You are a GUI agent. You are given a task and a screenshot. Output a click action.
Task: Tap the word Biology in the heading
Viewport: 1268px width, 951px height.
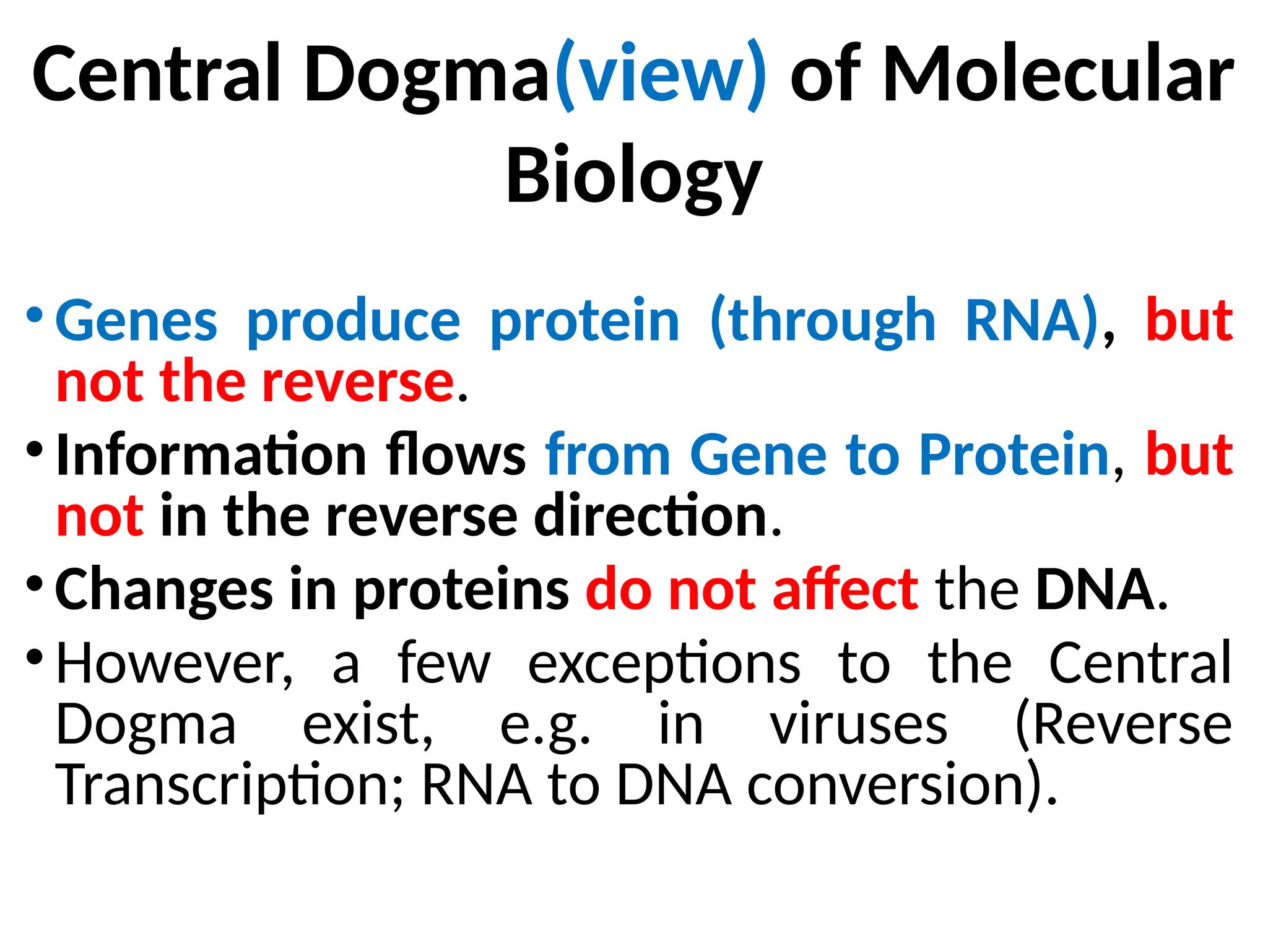pyautogui.click(x=633, y=176)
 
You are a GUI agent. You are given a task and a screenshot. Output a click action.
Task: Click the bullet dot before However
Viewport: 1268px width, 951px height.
pyautogui.click(x=35, y=656)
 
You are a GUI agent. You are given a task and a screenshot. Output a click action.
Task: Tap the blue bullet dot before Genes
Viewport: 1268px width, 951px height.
pyautogui.click(x=35, y=315)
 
